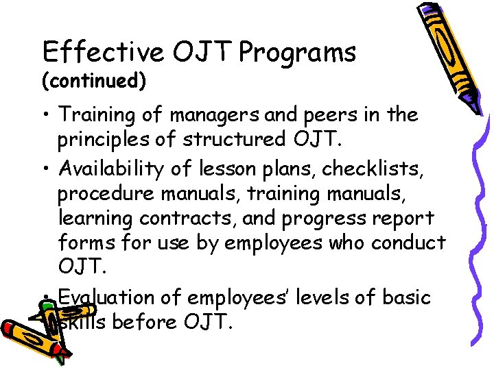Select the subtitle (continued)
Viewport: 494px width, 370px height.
pos(94,82)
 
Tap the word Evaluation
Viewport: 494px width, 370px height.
pos(106,298)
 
